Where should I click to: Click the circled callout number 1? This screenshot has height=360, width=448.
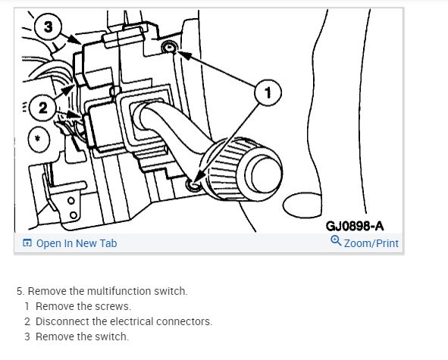click(268, 92)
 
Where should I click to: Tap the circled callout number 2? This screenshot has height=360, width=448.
click(43, 108)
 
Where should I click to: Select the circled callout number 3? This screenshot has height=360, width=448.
click(48, 27)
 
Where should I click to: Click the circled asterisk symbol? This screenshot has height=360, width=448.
click(39, 139)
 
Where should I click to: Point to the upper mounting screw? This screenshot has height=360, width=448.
click(170, 47)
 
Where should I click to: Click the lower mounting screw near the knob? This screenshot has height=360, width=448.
click(194, 185)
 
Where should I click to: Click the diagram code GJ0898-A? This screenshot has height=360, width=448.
click(354, 226)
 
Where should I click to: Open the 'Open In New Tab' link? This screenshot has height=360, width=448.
click(77, 243)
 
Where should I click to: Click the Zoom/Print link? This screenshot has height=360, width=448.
click(371, 243)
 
